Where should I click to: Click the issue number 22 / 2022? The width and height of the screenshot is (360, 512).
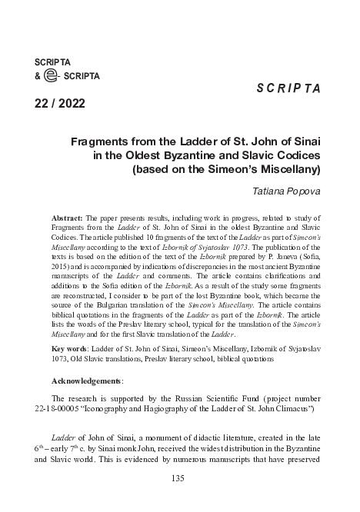click(x=60, y=103)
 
